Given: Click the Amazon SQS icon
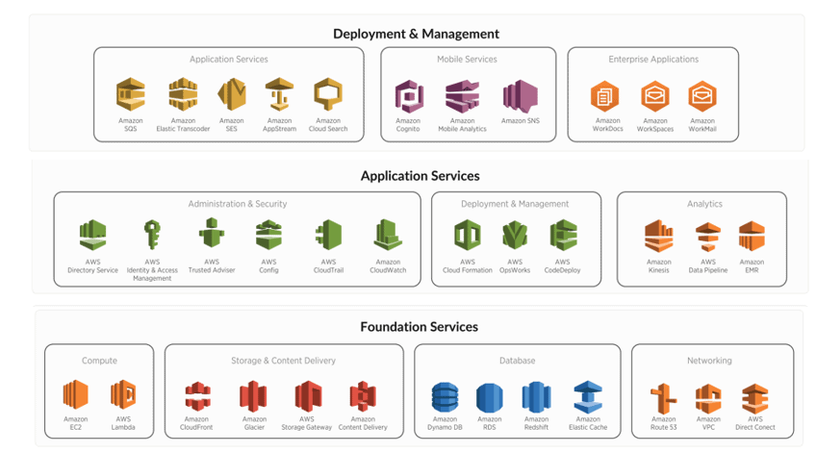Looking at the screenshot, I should [x=131, y=95].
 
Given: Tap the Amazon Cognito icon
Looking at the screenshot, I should [x=409, y=95].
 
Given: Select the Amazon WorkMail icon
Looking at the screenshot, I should [x=702, y=96].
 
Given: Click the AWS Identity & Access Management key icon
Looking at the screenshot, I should [x=152, y=235].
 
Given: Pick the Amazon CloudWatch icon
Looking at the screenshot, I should [x=388, y=236].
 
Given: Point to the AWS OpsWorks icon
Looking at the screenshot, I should [x=516, y=236].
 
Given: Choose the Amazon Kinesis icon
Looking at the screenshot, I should [x=659, y=236].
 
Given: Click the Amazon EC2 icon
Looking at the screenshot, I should [x=75, y=394].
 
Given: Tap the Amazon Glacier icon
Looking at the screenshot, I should [x=254, y=395].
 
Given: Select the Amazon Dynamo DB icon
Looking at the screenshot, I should [x=445, y=396].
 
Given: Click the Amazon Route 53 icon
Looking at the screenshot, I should [x=664, y=396].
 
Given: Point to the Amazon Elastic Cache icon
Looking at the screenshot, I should [x=588, y=396].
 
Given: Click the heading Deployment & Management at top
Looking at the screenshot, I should [x=416, y=34].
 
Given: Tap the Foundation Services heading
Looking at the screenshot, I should [x=419, y=327].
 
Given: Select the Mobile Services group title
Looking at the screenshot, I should [x=467, y=60].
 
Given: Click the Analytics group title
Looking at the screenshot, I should [x=704, y=204].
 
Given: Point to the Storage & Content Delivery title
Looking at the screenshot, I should [x=284, y=361].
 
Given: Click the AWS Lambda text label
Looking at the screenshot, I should [x=123, y=423].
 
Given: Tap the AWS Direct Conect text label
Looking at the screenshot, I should [x=755, y=423].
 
